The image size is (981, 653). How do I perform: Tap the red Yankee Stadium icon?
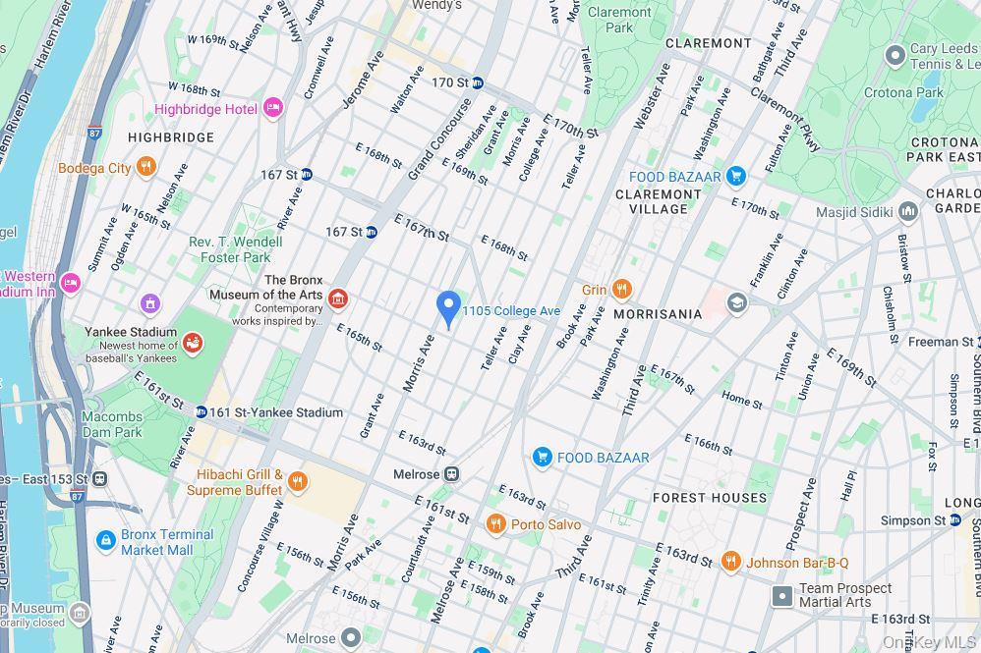point(193,343)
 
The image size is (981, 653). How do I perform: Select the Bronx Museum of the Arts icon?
point(338,299)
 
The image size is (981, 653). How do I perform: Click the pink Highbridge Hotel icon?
point(273,109)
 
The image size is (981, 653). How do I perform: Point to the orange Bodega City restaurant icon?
point(146,167)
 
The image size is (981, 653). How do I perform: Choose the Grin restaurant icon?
point(621,289)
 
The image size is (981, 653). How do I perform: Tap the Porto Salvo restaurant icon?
point(496,524)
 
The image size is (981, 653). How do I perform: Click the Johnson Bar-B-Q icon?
point(730,562)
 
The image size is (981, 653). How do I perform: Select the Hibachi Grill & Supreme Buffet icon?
point(298,481)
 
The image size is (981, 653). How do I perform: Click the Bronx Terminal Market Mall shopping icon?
point(106,540)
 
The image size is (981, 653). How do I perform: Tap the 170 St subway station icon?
point(478,82)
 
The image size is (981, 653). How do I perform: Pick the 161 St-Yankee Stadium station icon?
point(201,412)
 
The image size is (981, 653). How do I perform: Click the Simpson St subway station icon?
point(953,520)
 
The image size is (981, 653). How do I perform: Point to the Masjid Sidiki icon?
point(908,211)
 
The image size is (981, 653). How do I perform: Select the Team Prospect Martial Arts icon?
point(781,595)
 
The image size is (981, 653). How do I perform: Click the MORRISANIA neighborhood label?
point(658,314)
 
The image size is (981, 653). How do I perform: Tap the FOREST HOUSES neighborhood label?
point(709,498)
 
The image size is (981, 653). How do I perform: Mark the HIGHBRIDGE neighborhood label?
point(171,137)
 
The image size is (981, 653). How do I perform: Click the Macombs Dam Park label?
point(111,424)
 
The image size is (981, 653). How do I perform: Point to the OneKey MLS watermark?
point(929,642)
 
